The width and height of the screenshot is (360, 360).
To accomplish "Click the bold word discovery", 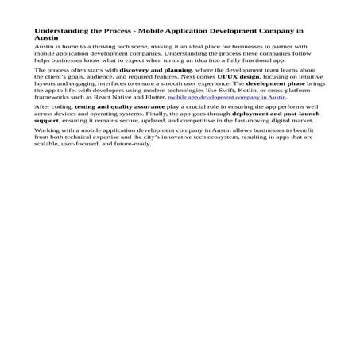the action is click(x=137, y=70).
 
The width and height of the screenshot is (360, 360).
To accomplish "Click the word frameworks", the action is click(x=54, y=98).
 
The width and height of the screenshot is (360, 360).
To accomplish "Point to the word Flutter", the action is click(x=152, y=98).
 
